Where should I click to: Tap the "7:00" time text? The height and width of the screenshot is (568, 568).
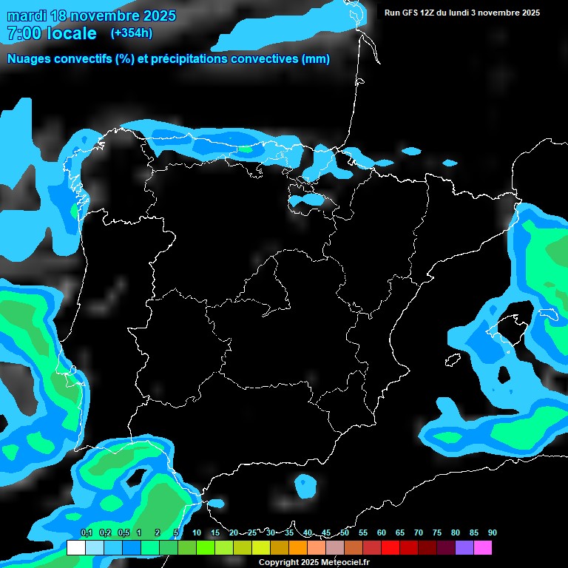[24, 33]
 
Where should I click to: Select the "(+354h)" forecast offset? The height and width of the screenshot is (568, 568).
[131, 33]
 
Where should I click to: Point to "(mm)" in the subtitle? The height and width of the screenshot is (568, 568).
[317, 59]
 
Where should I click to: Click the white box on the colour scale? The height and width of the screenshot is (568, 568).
[76, 548]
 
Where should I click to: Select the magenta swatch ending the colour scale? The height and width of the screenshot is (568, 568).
[483, 548]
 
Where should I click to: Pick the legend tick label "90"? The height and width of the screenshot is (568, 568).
[492, 532]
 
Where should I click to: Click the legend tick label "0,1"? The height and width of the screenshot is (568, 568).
[86, 532]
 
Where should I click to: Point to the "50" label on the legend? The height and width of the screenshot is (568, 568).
[345, 532]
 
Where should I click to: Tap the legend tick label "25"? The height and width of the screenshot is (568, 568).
[252, 532]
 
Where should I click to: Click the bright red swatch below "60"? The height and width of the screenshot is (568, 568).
[390, 548]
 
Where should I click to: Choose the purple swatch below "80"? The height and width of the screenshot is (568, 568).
[464, 548]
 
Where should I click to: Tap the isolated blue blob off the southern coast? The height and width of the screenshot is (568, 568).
[305, 485]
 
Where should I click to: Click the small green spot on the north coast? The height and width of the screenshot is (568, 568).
[245, 149]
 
